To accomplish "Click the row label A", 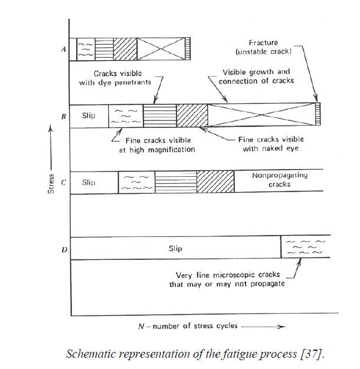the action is [x=64, y=49].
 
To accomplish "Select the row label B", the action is [x=64, y=116].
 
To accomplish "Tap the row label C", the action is [x=64, y=183].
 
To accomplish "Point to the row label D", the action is [x=64, y=249].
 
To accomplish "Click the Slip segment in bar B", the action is [x=89, y=116].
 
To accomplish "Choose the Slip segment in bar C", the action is [x=94, y=183].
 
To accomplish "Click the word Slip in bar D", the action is [x=175, y=249].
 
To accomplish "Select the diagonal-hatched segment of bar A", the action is [x=125, y=49].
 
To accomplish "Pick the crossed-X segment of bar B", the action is [x=261, y=115].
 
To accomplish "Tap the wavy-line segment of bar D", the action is [x=306, y=246].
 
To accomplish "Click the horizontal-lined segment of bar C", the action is [x=176, y=182].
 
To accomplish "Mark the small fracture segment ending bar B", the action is [x=318, y=114].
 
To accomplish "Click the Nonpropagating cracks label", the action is [x=280, y=180].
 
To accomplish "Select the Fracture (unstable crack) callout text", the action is [x=264, y=47].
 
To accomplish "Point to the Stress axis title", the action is [x=51, y=184].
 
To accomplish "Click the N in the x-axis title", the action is [x=141, y=327].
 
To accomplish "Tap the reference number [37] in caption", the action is [x=312, y=354].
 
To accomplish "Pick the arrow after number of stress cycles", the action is [x=263, y=327].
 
